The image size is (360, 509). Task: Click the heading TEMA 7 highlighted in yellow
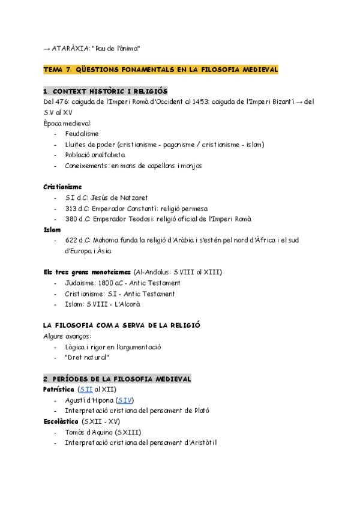(161, 70)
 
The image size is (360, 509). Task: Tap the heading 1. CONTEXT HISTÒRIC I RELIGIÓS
(106, 91)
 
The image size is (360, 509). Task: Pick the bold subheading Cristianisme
(62, 187)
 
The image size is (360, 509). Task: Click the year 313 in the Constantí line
(71, 208)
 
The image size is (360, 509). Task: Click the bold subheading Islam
(52, 229)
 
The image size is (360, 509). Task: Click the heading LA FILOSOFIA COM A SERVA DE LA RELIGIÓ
(122, 325)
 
